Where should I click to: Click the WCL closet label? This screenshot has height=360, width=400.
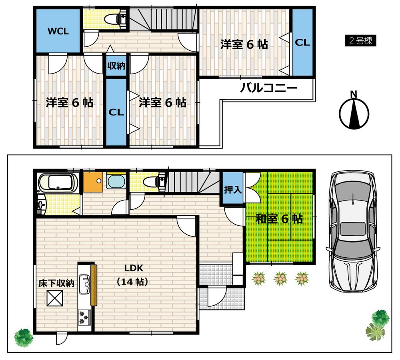58,31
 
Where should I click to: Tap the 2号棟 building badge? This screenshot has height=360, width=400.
360,41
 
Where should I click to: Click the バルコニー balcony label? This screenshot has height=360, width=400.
268,88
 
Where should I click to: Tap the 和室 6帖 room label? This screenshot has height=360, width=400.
279,219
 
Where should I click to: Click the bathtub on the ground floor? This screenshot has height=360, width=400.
60,183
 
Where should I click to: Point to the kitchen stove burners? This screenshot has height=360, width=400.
84,316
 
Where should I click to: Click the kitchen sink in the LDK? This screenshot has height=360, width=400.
84,284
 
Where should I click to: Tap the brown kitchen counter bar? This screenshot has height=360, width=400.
94,285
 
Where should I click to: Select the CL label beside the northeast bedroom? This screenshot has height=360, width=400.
302,43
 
